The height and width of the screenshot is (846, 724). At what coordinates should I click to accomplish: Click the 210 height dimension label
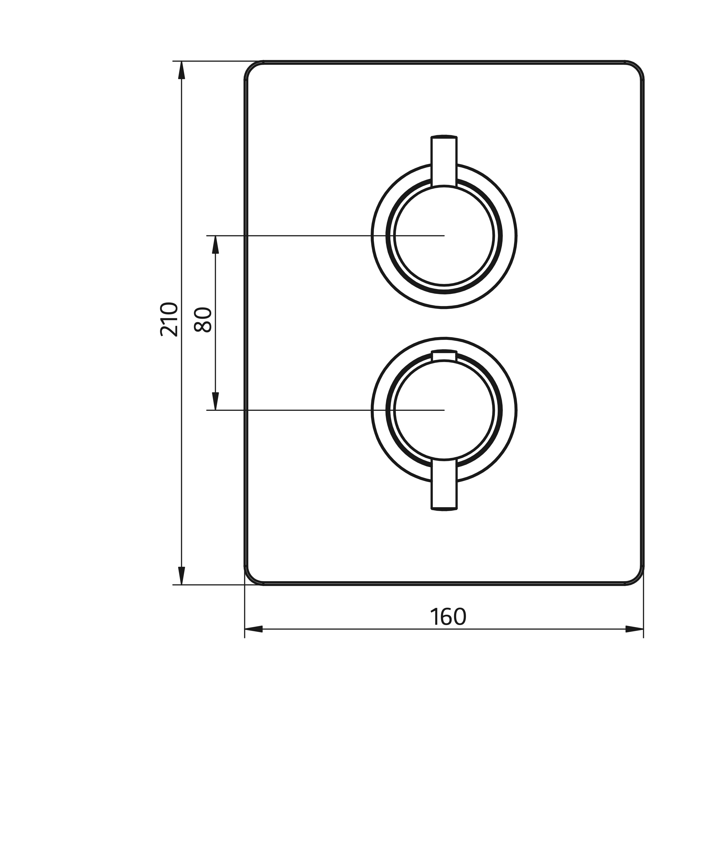click(x=169, y=319)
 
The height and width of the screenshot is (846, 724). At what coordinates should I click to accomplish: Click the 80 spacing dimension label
click(x=203, y=320)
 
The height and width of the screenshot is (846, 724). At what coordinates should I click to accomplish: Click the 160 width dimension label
click(x=448, y=617)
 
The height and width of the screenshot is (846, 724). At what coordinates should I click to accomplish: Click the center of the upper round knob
click(x=444, y=236)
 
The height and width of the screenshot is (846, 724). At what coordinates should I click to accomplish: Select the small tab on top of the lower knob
click(x=444, y=355)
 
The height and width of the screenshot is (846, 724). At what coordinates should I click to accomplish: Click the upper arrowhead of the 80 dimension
click(x=216, y=244)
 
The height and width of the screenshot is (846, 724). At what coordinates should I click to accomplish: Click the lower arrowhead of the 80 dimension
click(x=216, y=401)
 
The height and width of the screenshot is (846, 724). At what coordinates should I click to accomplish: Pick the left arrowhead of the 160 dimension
click(x=253, y=629)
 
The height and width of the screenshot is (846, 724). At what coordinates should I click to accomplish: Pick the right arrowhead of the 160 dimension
click(x=635, y=629)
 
